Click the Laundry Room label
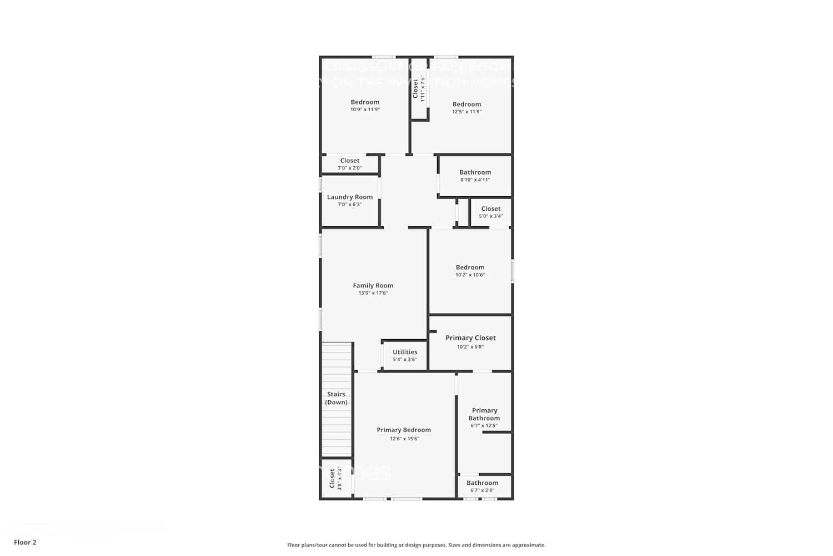(x=350, y=197)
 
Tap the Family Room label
(x=373, y=285)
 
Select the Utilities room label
(x=405, y=352)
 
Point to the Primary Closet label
(x=470, y=337)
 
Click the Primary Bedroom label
(x=404, y=430)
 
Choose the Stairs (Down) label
(x=337, y=398)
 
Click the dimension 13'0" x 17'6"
(x=373, y=293)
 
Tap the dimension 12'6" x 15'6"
(x=404, y=439)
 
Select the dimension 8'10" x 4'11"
(x=475, y=180)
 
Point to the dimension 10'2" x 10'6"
(x=470, y=275)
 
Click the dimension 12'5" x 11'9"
(x=466, y=112)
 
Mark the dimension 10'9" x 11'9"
(x=365, y=110)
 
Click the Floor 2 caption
(x=25, y=542)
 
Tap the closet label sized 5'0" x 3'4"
(x=491, y=209)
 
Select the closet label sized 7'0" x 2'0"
(x=350, y=161)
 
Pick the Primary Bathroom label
(x=484, y=414)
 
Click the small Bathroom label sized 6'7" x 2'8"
(x=482, y=483)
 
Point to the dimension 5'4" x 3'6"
(x=405, y=360)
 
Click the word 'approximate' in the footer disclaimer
(x=530, y=545)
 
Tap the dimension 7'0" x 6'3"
(x=350, y=205)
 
